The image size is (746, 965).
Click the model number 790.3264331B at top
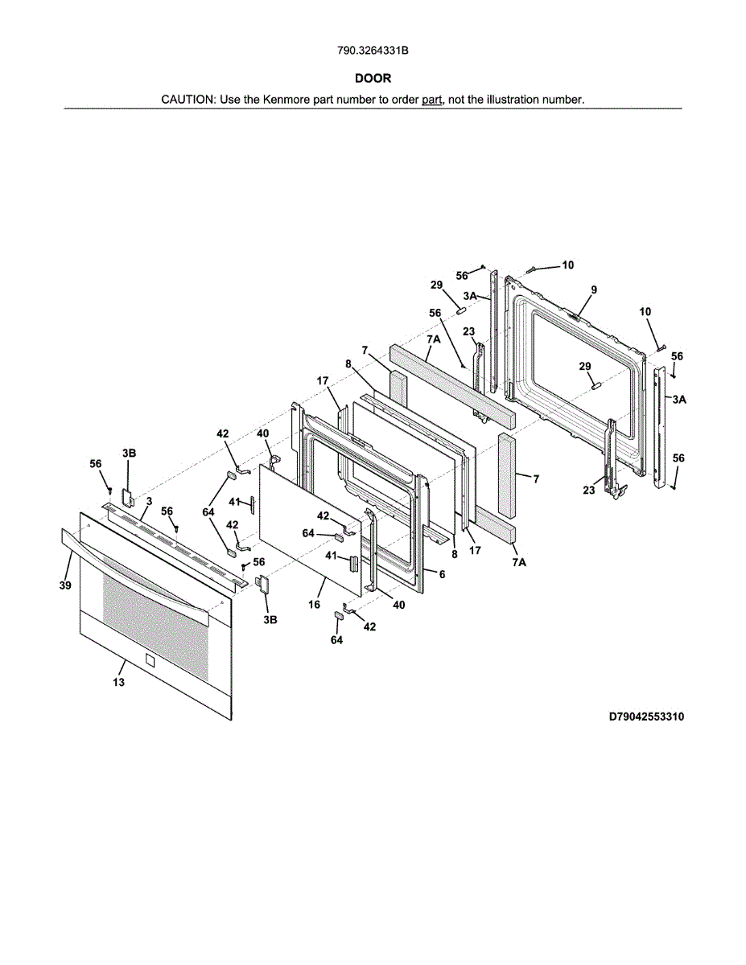coord(373,51)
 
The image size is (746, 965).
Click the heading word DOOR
coord(373,78)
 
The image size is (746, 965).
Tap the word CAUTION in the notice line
coord(187,100)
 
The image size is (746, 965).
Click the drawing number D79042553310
coord(645,716)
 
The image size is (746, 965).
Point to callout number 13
coord(118,683)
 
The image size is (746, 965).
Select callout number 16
coord(315,603)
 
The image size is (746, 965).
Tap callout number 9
coord(593,289)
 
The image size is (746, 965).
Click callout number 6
coord(442,574)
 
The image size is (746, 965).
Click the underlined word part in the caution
coord(433,100)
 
